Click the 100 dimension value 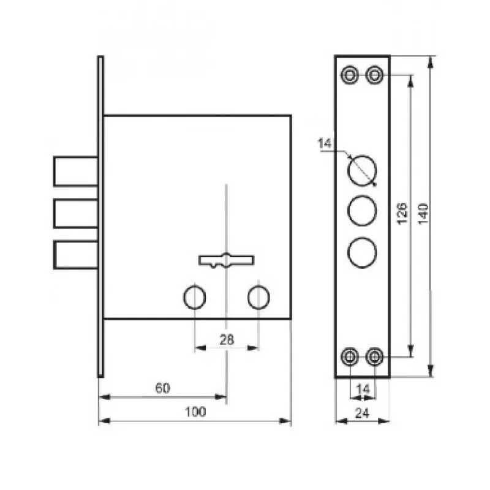pyautogui.click(x=195, y=412)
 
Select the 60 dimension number pyautogui.click(x=162, y=388)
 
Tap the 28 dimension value pyautogui.click(x=227, y=340)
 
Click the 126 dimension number pyautogui.click(x=402, y=213)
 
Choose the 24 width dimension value pyautogui.click(x=362, y=413)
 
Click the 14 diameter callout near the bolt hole pyautogui.click(x=325, y=143)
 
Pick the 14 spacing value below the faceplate pyautogui.click(x=363, y=390)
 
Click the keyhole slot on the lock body pyautogui.click(x=227, y=260)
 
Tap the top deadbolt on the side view pyautogui.click(x=76, y=171)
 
